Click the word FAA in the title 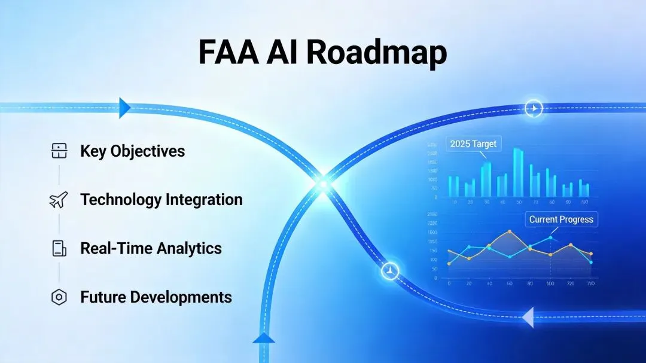(x=228, y=53)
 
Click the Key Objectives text (x=132, y=151)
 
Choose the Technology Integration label (x=161, y=199)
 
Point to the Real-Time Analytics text (x=151, y=248)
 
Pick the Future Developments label (x=156, y=297)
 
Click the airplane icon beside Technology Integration (x=59, y=200)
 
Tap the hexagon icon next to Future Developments (x=59, y=297)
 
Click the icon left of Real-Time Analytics (x=59, y=248)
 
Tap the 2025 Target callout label (x=473, y=144)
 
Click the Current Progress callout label (x=560, y=219)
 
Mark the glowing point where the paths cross (x=323, y=183)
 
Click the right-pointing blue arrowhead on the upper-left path (x=125, y=107)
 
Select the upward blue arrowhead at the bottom (x=263, y=338)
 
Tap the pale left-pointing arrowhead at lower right (x=527, y=317)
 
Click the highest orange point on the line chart (x=509, y=231)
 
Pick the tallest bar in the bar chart (x=518, y=173)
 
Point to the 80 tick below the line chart (x=529, y=283)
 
